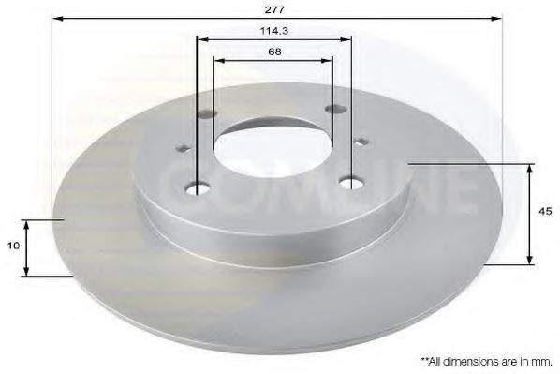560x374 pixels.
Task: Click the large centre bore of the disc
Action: pyautogui.click(x=272, y=144)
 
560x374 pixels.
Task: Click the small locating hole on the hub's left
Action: pyautogui.click(x=184, y=148)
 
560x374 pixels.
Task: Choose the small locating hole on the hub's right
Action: pyautogui.click(x=361, y=142)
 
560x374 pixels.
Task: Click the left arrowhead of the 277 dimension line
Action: pyautogui.click(x=55, y=18)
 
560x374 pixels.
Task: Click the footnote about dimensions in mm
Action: pyautogui.click(x=487, y=360)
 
